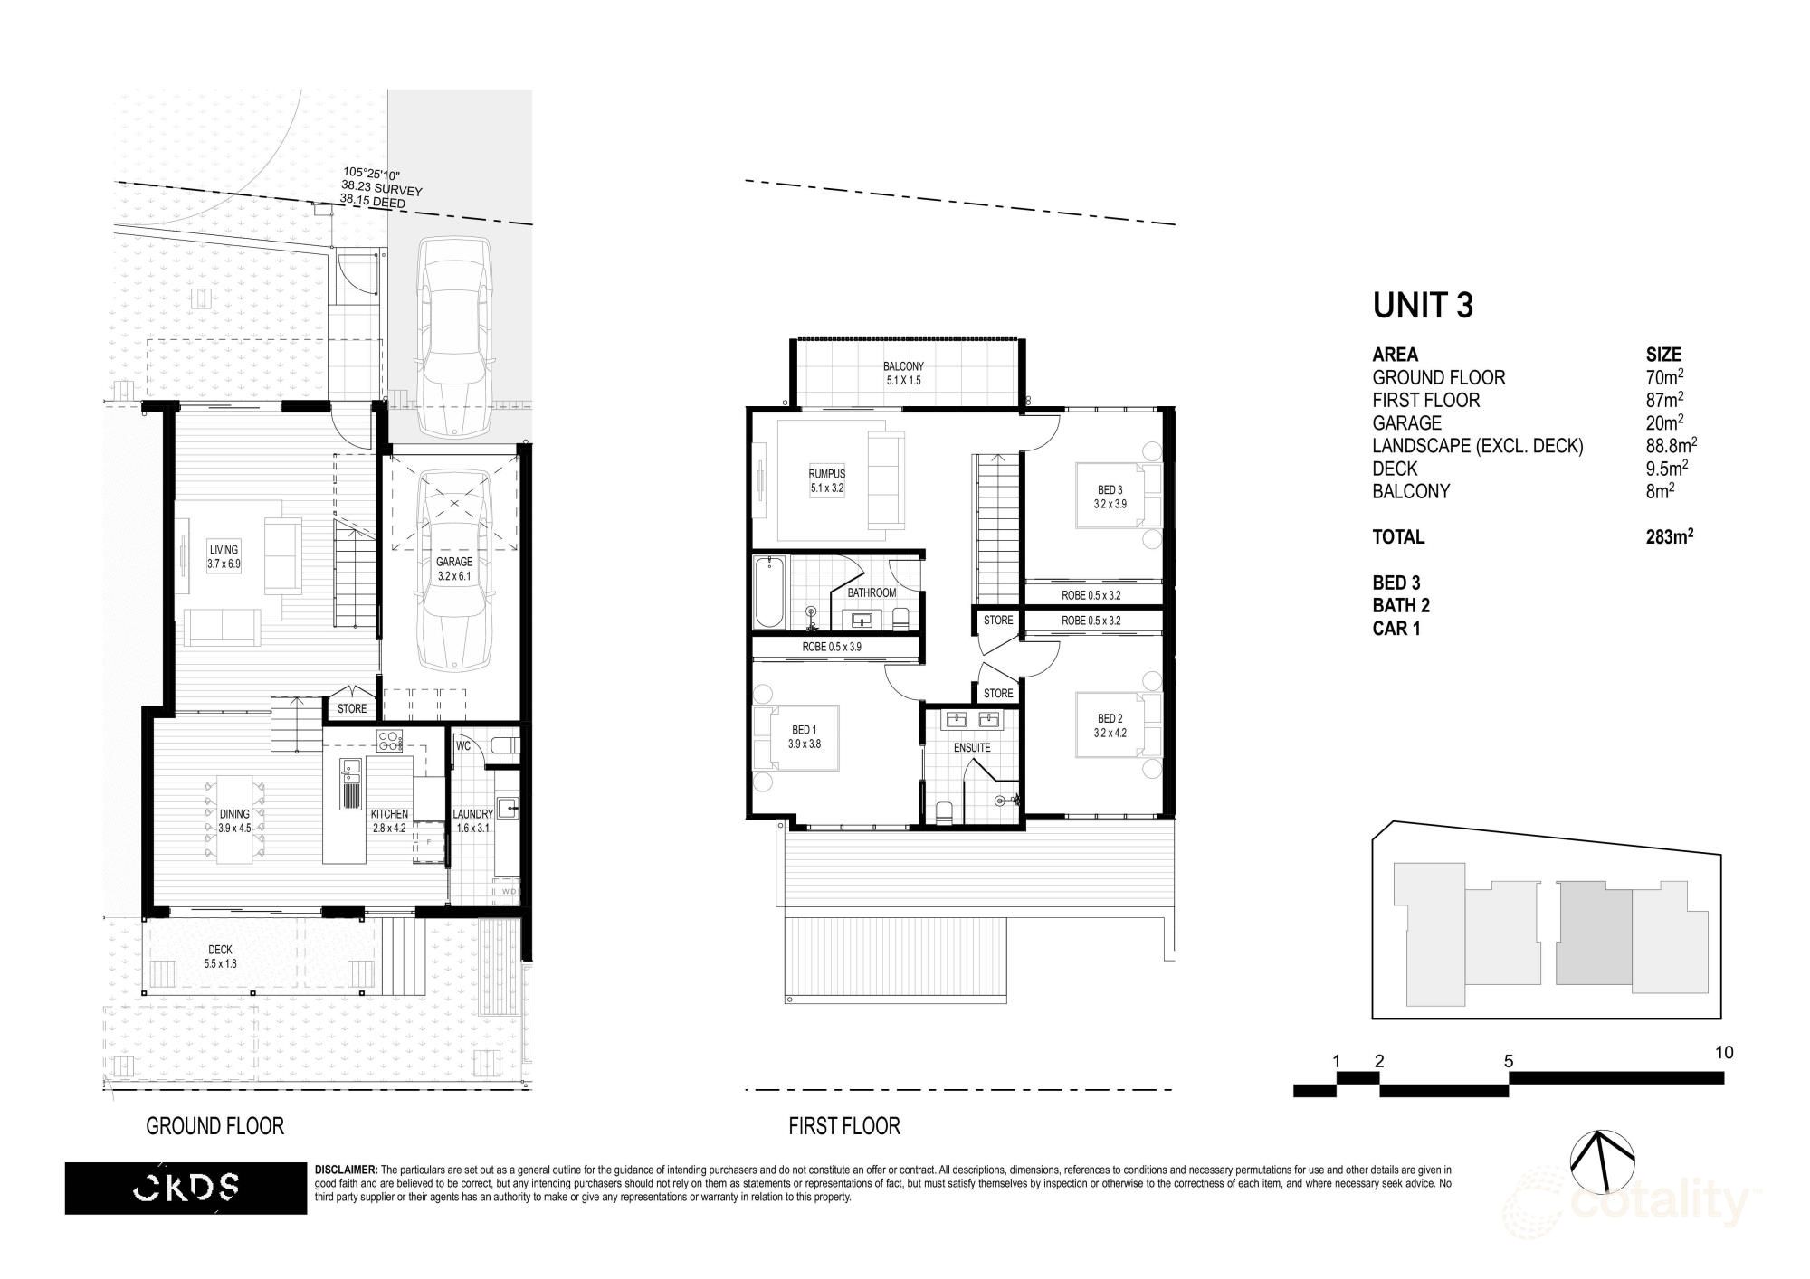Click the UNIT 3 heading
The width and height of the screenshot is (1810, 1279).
point(1423,305)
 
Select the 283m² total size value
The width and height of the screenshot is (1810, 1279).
point(1669,536)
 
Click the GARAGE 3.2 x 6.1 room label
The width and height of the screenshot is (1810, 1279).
point(453,568)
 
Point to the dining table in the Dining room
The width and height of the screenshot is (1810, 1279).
point(235,820)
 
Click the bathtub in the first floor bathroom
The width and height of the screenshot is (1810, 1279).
point(769,592)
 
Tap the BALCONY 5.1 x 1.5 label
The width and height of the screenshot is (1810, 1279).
point(903,374)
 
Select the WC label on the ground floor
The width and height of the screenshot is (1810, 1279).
point(463,746)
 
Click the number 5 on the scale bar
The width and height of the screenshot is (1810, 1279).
point(1509,1061)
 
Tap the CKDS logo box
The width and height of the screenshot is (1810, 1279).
point(186,1188)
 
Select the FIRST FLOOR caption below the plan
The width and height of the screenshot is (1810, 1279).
point(843,1126)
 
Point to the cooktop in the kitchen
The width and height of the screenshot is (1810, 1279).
point(389,741)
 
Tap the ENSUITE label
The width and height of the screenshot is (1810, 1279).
point(972,748)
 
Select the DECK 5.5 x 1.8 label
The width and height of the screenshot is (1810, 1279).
point(220,957)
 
